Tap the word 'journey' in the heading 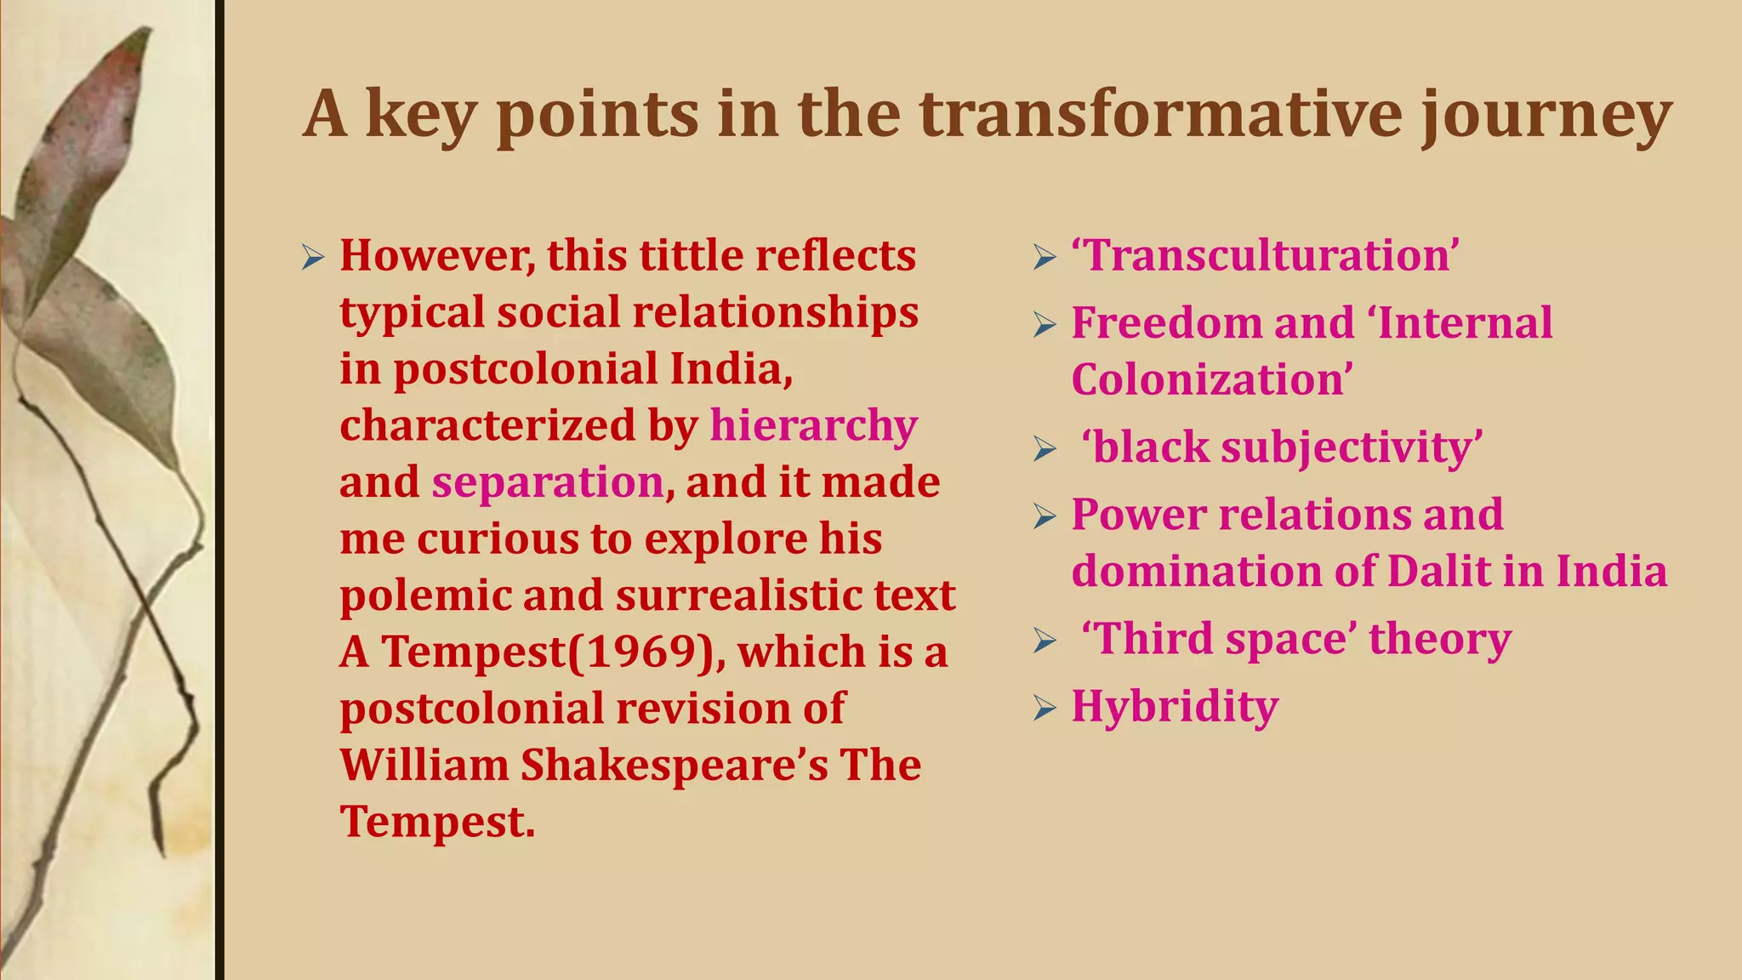1546,117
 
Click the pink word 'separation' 547,482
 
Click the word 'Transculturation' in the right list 1265,255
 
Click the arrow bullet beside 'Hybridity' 1045,708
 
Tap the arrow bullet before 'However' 313,257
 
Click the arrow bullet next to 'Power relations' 1045,516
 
